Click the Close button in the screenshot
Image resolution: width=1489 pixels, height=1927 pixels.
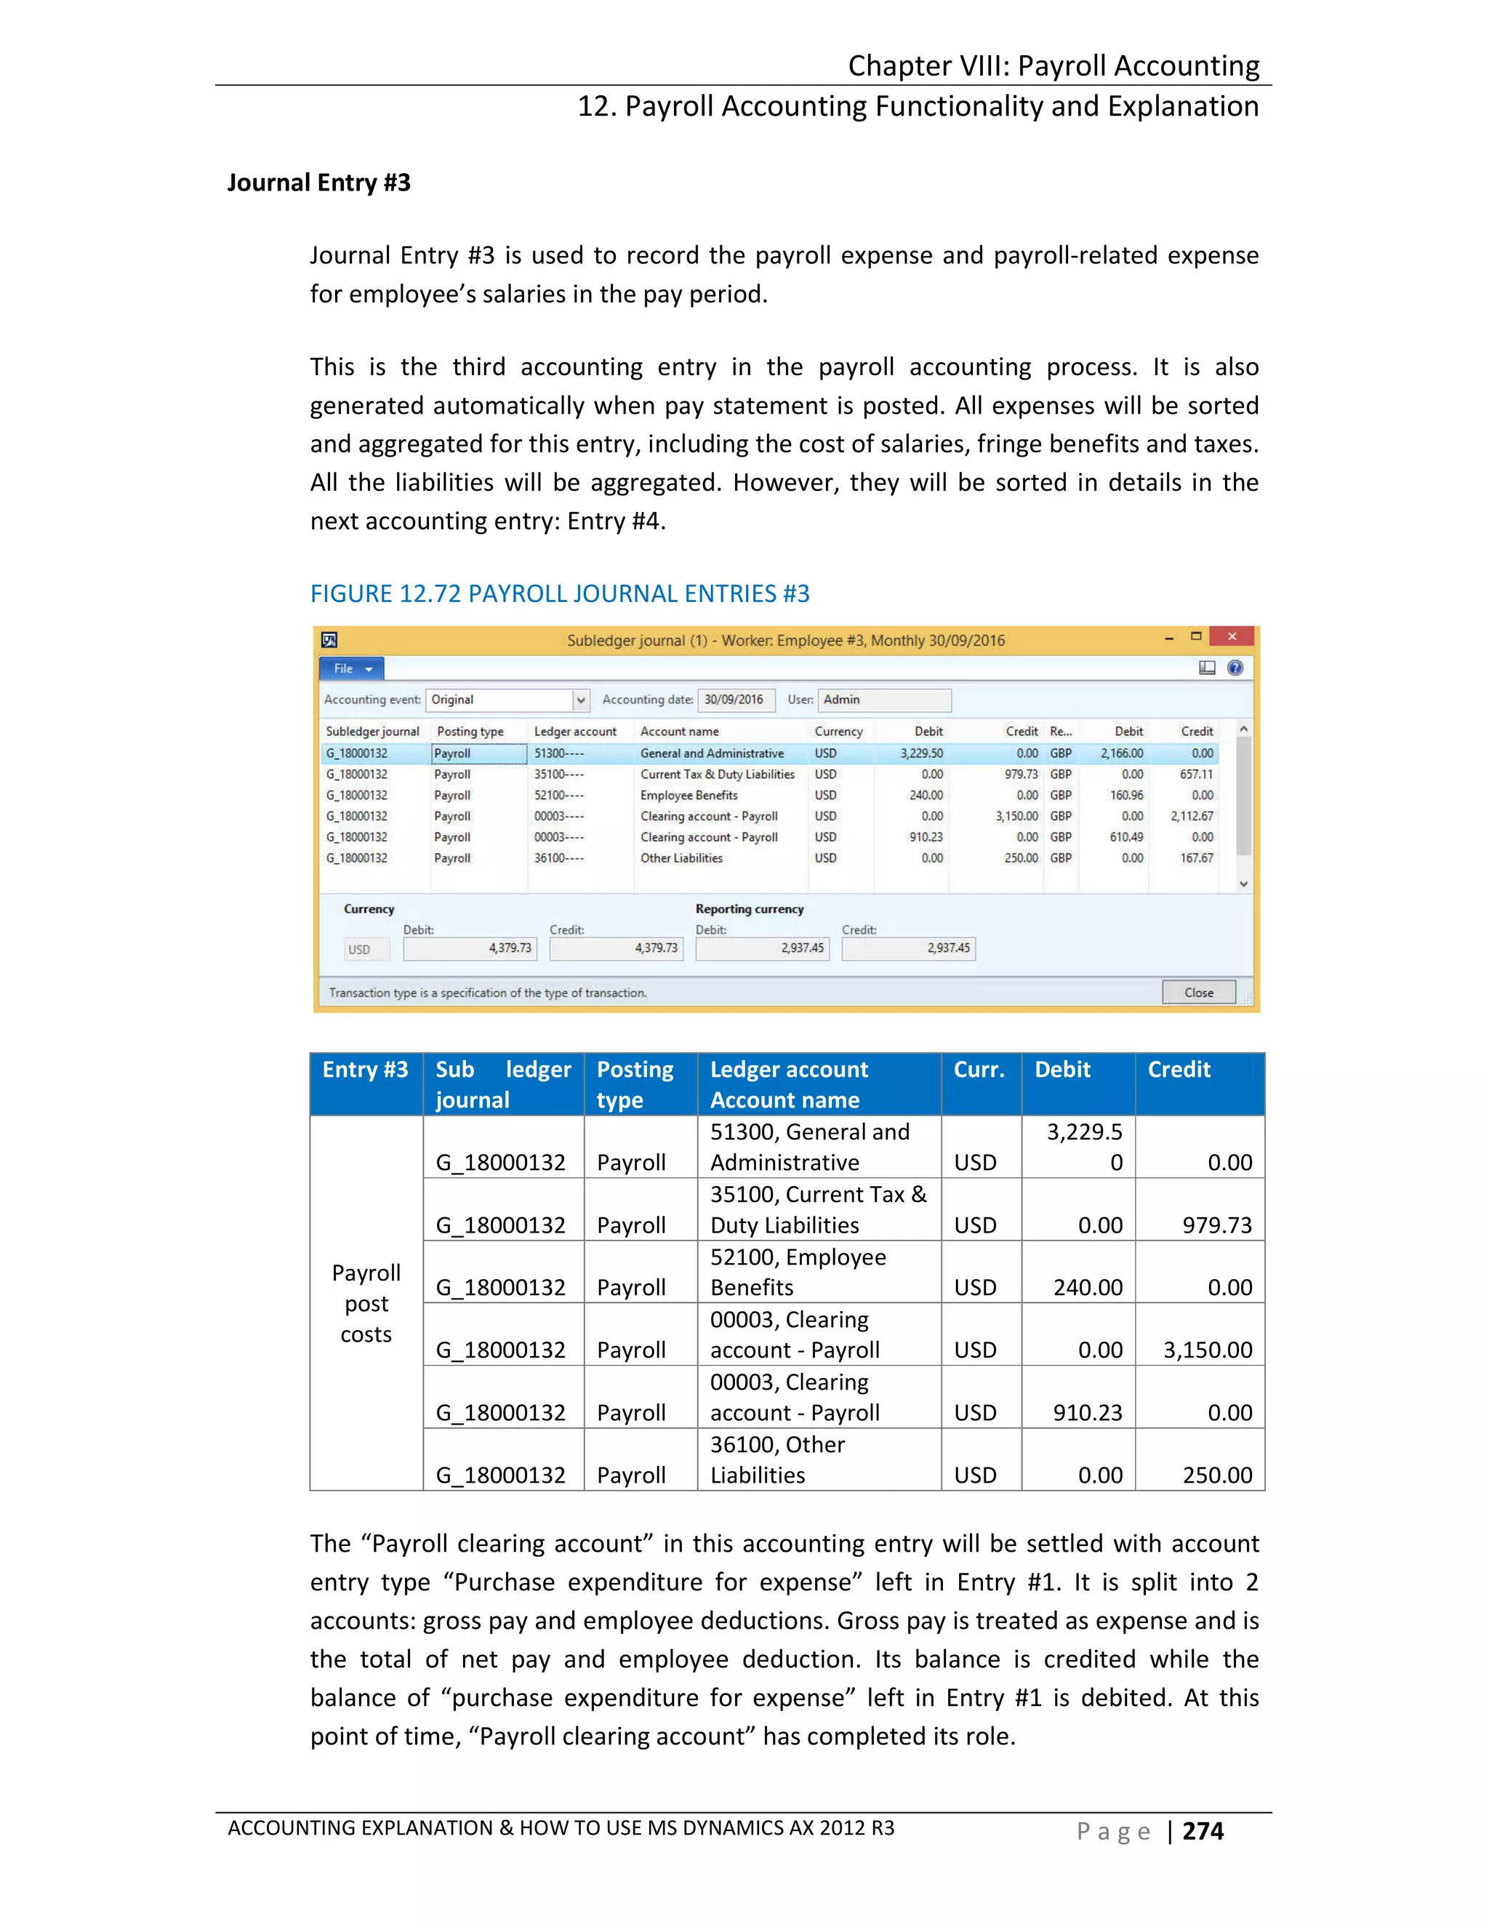click(1198, 993)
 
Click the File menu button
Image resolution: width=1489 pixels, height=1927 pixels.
click(351, 669)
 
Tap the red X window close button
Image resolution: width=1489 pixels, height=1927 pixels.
click(1232, 636)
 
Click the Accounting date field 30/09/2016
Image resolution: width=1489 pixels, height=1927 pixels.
click(735, 700)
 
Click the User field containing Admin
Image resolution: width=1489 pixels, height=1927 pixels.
click(884, 700)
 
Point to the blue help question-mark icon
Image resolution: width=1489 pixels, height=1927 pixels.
click(1235, 668)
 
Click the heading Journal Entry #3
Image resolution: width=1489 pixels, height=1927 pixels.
click(318, 183)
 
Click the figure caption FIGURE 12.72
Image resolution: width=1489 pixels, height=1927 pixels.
click(559, 594)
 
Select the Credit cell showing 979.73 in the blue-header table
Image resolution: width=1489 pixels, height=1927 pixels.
click(1216, 1225)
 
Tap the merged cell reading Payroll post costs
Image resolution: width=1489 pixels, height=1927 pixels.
click(366, 1303)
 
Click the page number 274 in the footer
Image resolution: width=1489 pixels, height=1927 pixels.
click(1203, 1831)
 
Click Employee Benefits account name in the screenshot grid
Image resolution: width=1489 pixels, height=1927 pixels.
click(689, 795)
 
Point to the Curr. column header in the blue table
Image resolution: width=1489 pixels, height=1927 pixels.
click(979, 1070)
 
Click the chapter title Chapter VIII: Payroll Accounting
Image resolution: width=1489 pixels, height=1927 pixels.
click(1053, 66)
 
